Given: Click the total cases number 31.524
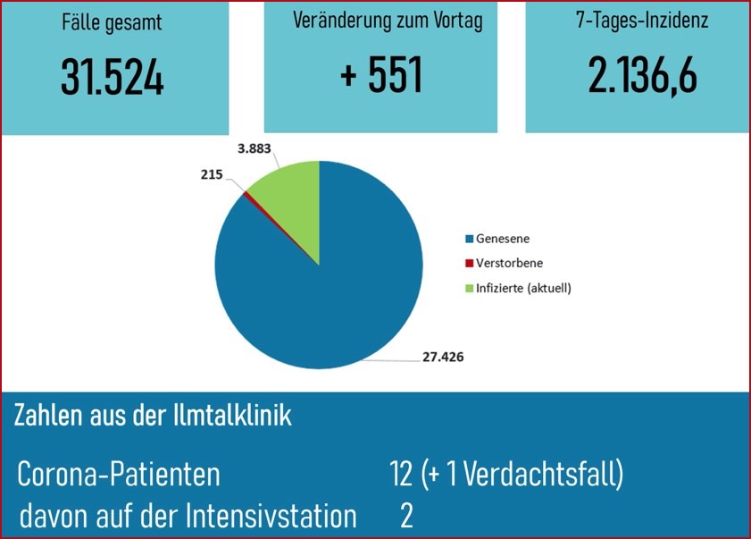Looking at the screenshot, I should point(113,78).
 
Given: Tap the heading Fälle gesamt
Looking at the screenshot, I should point(113,23).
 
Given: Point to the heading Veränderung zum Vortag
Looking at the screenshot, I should point(388,22).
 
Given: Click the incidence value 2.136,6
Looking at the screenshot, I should point(642,77).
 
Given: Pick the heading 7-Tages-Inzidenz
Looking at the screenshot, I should point(642,21).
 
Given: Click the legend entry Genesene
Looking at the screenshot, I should point(501,240).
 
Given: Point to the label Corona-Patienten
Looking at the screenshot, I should point(119,475).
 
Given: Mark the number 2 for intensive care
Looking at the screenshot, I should point(407,516).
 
